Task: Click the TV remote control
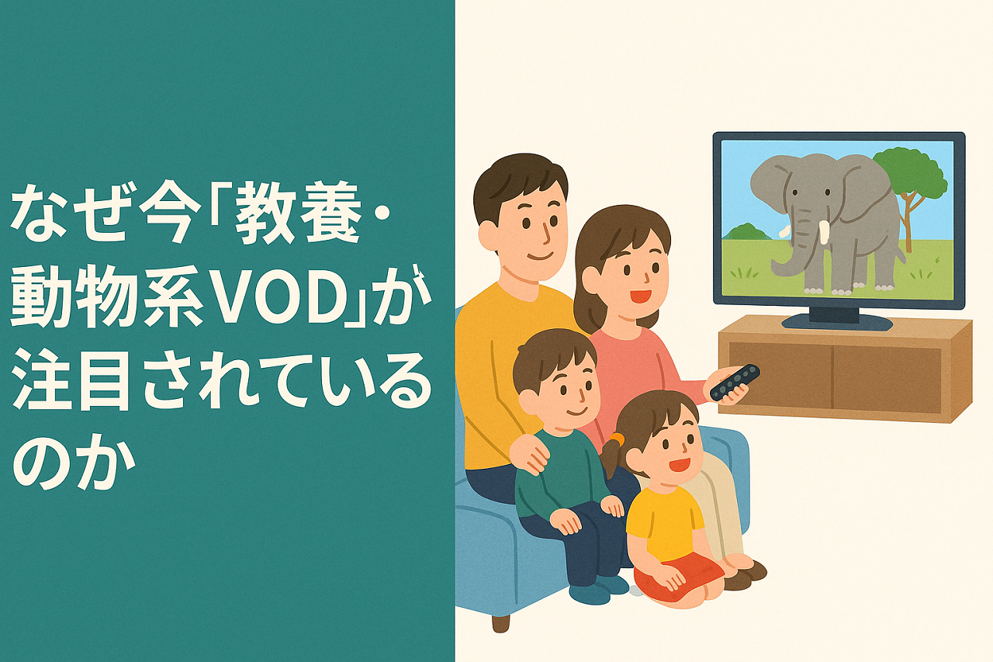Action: coord(735,382)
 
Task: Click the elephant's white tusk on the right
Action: coord(825,233)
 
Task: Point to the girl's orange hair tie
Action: coord(617,440)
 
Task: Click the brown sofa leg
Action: coord(500,622)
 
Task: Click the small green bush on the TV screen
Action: coord(746,231)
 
